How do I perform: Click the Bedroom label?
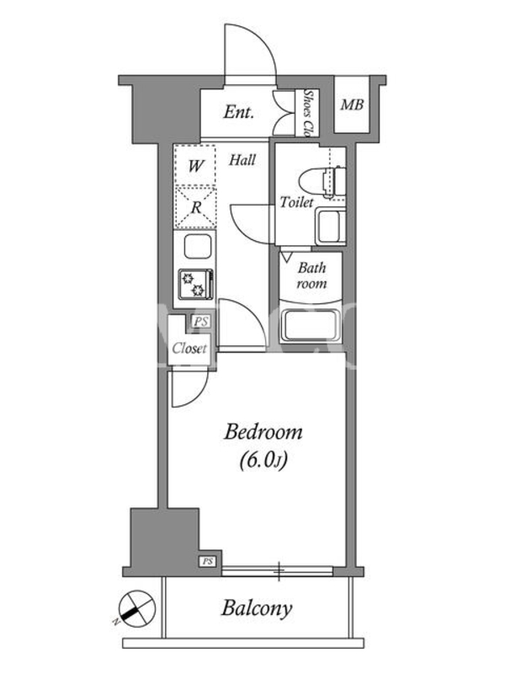(263, 431)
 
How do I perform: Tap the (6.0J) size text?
(263, 460)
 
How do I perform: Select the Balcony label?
(257, 608)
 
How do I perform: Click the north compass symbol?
(135, 606)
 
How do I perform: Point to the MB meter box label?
(352, 104)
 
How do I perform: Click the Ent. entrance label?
(238, 113)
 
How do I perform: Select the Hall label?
(242, 160)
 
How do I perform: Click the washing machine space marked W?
(195, 165)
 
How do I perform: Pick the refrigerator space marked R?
(195, 207)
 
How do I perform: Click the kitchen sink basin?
(197, 247)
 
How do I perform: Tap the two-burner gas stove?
(196, 284)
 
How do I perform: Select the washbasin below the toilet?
(331, 226)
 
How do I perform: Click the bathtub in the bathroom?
(310, 324)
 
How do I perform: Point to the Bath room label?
(311, 275)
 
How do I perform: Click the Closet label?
(189, 348)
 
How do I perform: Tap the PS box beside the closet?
(201, 321)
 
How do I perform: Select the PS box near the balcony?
(208, 561)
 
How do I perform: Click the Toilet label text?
(297, 201)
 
